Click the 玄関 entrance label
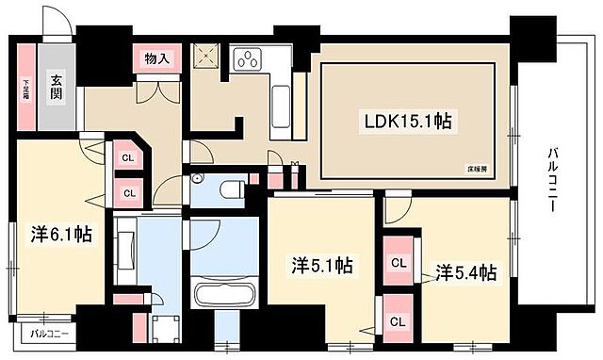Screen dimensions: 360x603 (x=57, y=90)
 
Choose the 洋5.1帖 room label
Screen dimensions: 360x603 (x=320, y=266)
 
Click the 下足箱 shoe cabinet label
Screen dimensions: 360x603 (x=26, y=89)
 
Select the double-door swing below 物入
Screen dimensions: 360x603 (x=156, y=91)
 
